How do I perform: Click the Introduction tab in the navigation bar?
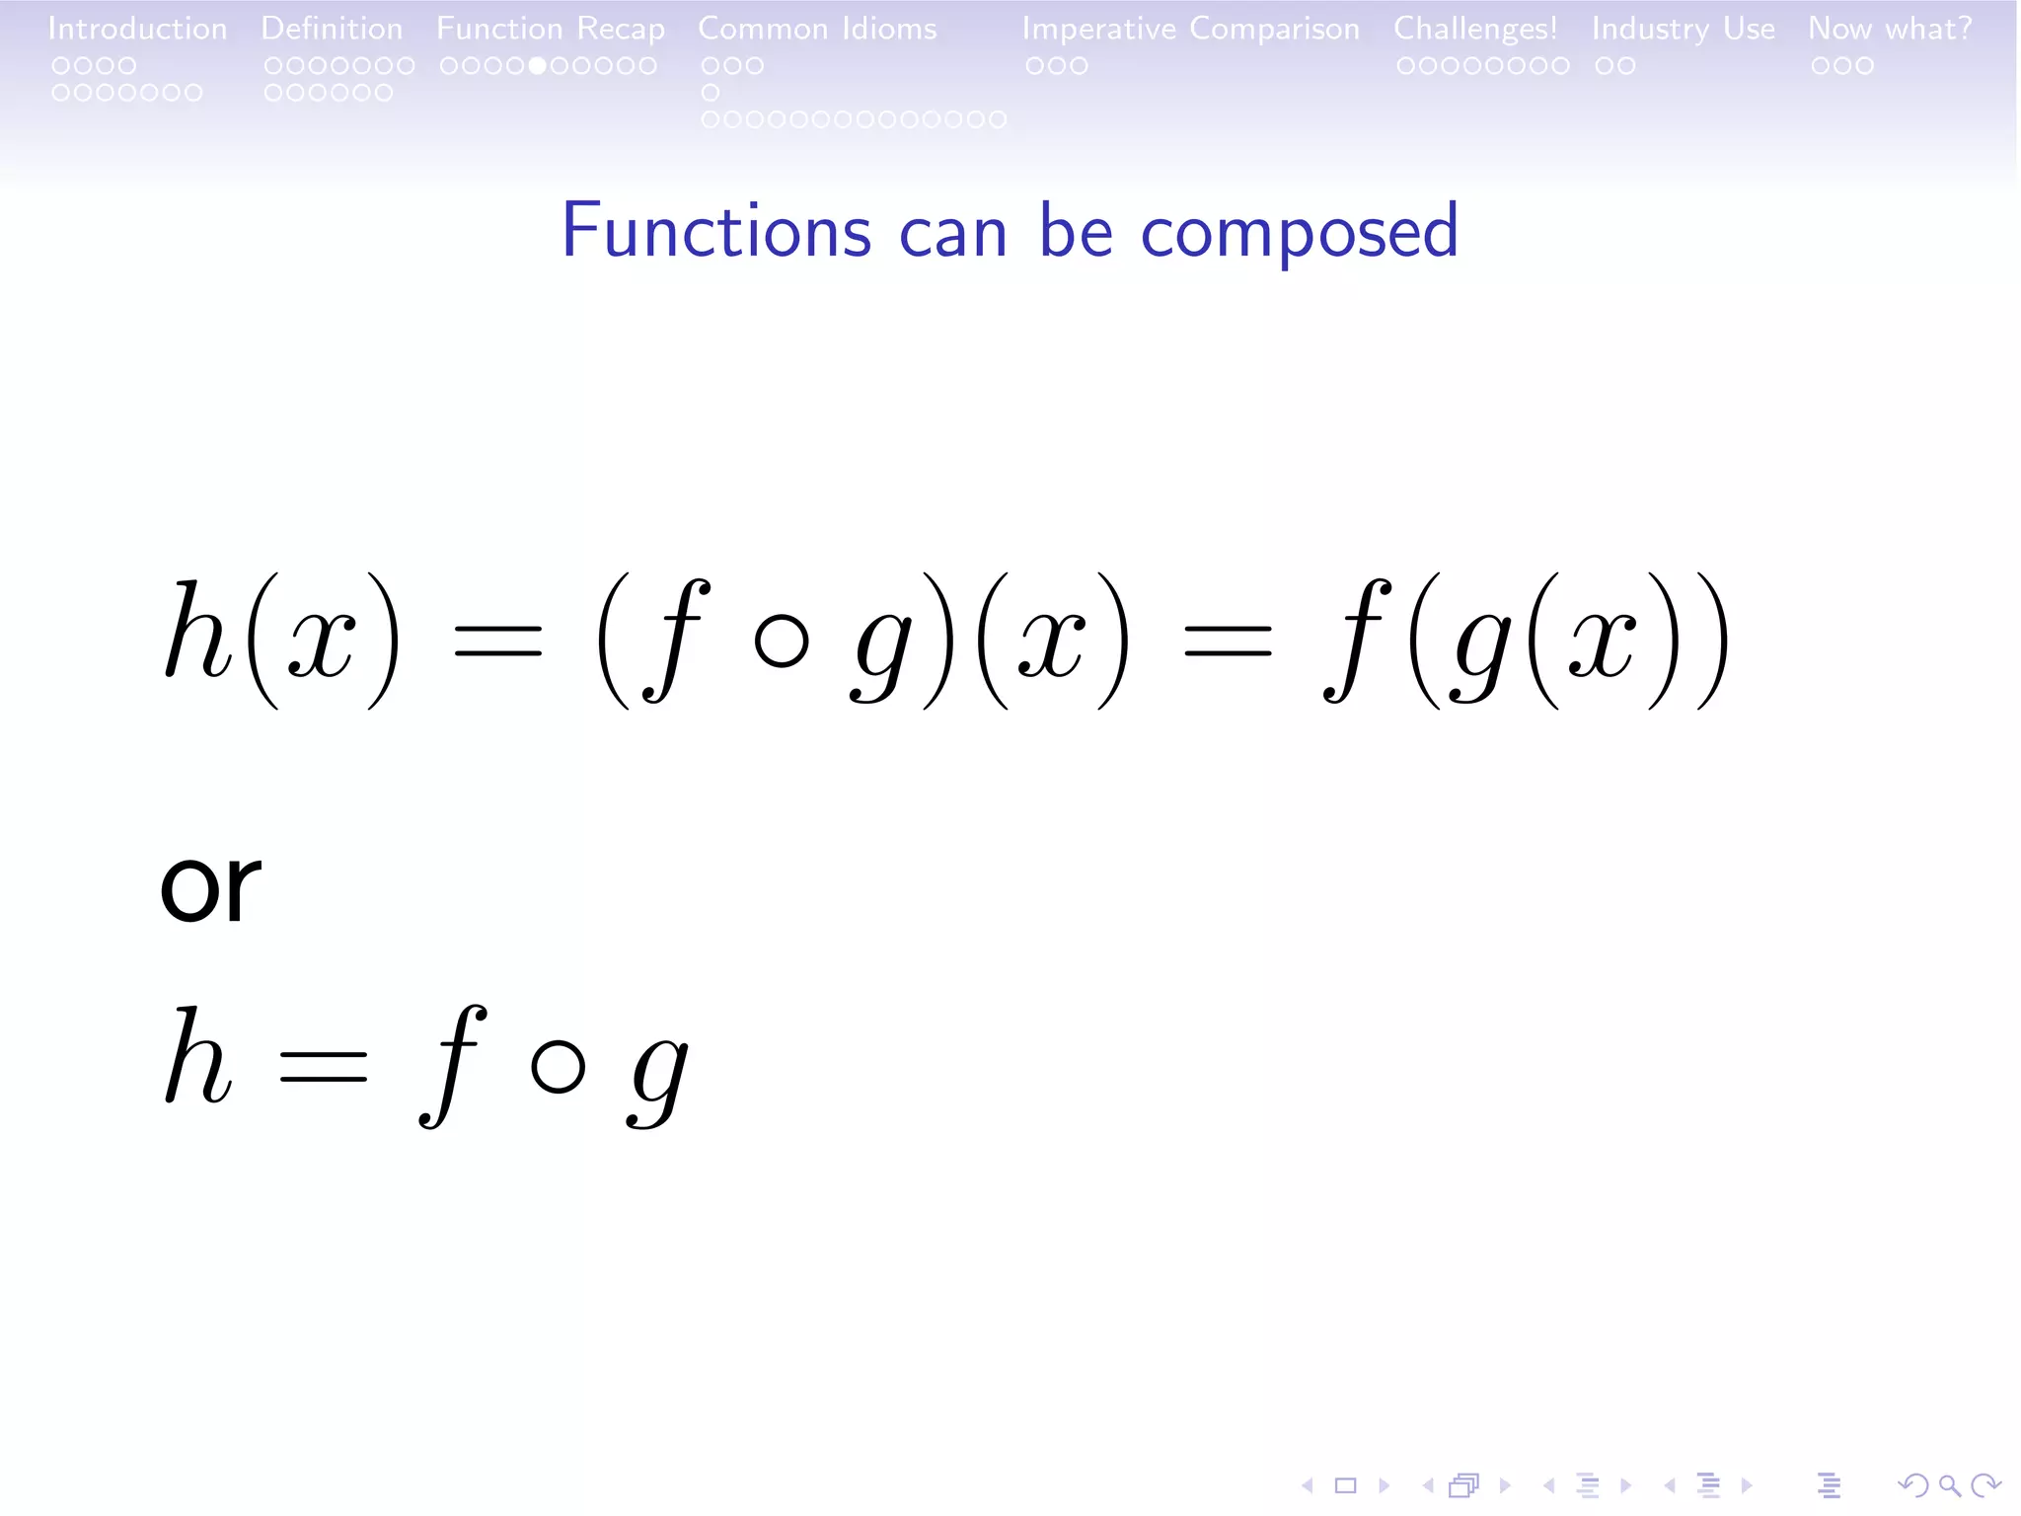(137, 29)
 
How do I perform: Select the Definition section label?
(332, 29)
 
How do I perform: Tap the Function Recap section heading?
(551, 29)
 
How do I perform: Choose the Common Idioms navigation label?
(817, 29)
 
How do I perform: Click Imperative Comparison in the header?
(1190, 29)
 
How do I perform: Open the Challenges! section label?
(1475, 29)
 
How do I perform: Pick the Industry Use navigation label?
(1683, 29)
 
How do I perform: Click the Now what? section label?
(1890, 29)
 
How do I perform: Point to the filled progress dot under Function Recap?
(538, 66)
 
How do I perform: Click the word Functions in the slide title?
(716, 231)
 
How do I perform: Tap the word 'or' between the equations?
(210, 885)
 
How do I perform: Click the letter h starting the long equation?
(197, 632)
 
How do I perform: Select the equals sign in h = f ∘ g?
(324, 1067)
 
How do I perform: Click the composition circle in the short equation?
(559, 1067)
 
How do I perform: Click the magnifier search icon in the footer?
(1949, 1484)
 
